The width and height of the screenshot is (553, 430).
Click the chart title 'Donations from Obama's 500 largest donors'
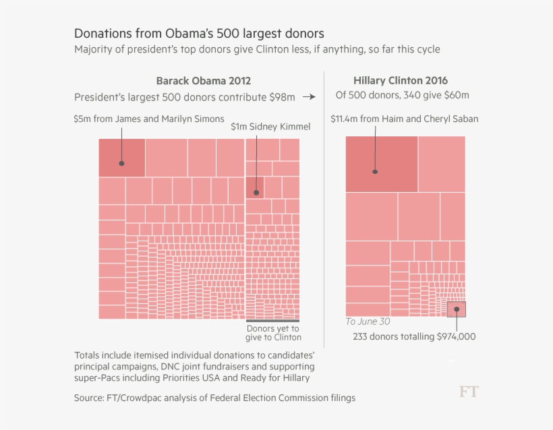tap(198, 33)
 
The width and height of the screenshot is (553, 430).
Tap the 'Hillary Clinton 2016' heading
tap(400, 80)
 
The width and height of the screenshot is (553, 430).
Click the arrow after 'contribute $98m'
tap(309, 97)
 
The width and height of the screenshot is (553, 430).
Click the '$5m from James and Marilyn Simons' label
tap(149, 119)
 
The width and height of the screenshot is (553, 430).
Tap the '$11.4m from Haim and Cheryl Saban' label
tap(404, 119)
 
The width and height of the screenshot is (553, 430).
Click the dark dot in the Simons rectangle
tap(122, 163)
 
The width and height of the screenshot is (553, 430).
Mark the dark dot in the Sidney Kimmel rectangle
tap(256, 193)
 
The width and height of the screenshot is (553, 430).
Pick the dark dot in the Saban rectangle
tap(375, 171)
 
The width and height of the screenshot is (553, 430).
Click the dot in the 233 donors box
tap(457, 309)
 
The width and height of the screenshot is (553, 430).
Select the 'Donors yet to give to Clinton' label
tap(273, 332)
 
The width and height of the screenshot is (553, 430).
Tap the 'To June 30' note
tap(368, 321)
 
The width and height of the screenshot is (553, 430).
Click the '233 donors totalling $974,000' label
tap(413, 336)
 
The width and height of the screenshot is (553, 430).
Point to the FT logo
tap(469, 392)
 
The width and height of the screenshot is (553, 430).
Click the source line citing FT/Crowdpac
tap(214, 398)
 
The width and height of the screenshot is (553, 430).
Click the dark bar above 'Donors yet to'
tap(273, 320)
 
